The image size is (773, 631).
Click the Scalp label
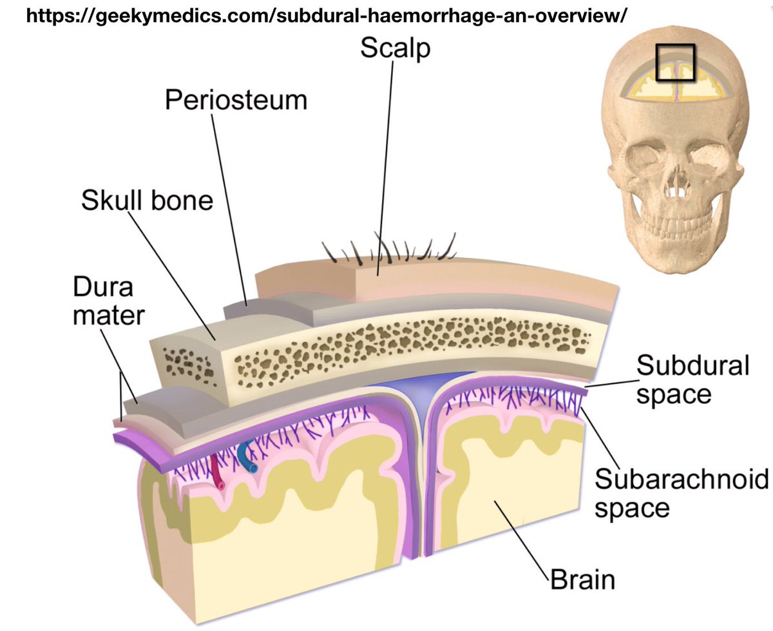coord(395,49)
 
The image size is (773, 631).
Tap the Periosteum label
coord(236,101)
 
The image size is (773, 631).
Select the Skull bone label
coord(147,200)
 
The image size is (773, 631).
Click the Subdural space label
coord(692,380)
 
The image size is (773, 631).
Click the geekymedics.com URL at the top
coord(325,16)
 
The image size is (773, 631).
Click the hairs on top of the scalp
coord(393,248)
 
